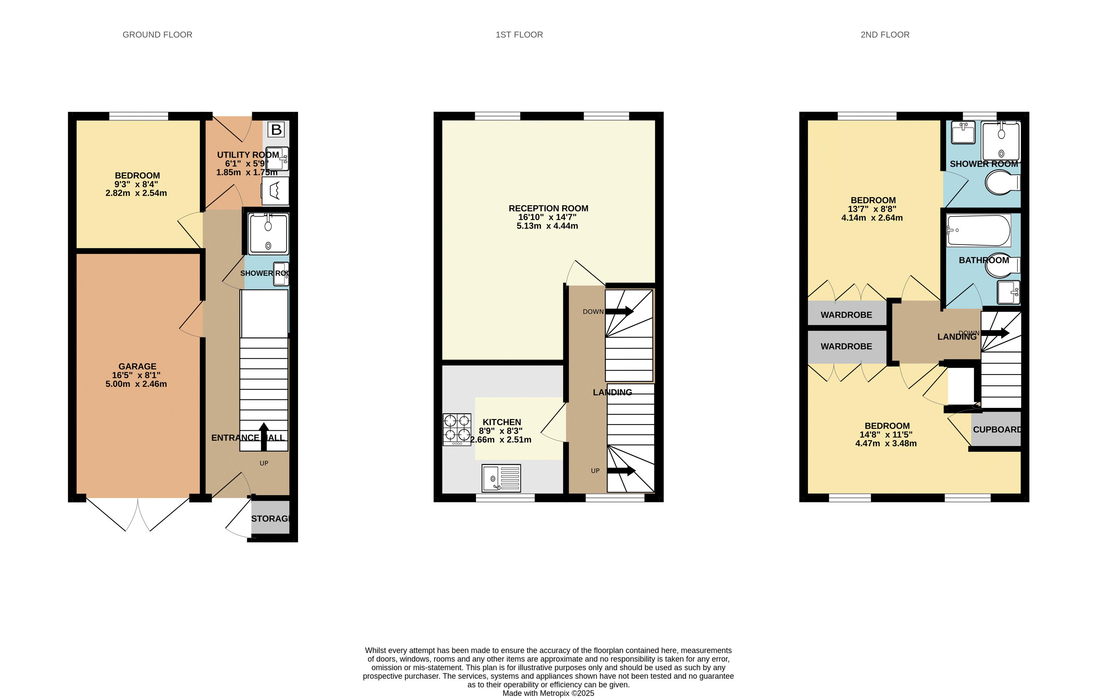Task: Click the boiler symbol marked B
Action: click(276, 130)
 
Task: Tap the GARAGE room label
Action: click(137, 367)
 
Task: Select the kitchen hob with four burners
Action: click(457, 429)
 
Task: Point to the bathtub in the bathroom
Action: click(978, 230)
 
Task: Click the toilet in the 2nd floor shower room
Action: click(1002, 183)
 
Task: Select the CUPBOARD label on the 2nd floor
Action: click(997, 429)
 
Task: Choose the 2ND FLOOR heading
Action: click(885, 35)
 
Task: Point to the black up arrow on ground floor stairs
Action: click(263, 436)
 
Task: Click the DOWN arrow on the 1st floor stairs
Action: click(619, 311)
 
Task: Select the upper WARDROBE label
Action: click(846, 315)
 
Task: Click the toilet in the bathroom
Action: click(1002, 266)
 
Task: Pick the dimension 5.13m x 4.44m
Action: click(547, 226)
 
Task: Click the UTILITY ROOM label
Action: click(248, 155)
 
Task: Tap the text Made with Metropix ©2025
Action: click(548, 693)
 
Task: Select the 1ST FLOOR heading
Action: click(519, 35)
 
